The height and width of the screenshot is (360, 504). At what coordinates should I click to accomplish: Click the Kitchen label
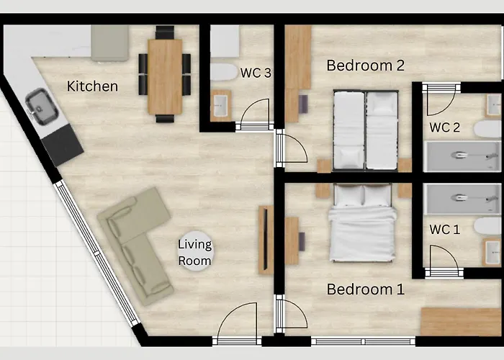(x=92, y=86)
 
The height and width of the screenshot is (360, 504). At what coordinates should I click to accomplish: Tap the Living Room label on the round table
(x=195, y=252)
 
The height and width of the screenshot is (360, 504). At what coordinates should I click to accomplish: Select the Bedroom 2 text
(x=365, y=66)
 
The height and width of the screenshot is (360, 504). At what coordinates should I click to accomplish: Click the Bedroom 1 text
(x=365, y=289)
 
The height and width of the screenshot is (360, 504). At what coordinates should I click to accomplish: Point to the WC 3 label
(x=256, y=73)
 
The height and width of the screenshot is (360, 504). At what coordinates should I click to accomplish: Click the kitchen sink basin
(x=42, y=106)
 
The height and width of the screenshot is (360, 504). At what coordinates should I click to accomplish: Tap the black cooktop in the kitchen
(x=63, y=145)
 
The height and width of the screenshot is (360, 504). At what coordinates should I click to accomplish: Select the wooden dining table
(x=165, y=76)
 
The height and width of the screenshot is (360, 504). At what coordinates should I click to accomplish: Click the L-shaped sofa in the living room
(x=135, y=246)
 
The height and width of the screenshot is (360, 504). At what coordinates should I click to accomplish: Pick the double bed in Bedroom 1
(x=362, y=222)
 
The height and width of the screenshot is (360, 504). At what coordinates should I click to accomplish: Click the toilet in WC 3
(x=224, y=72)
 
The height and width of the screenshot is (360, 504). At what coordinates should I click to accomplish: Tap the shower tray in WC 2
(x=462, y=156)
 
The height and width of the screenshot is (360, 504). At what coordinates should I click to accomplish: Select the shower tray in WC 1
(x=462, y=199)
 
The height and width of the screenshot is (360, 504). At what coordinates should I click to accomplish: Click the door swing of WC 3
(x=255, y=111)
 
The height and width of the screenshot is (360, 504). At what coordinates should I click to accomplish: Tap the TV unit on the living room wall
(x=266, y=240)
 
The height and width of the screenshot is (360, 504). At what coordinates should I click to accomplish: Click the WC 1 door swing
(x=444, y=256)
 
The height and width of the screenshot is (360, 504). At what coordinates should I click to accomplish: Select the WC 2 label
(x=444, y=127)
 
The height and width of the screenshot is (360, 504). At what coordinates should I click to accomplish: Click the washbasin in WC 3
(x=221, y=106)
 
